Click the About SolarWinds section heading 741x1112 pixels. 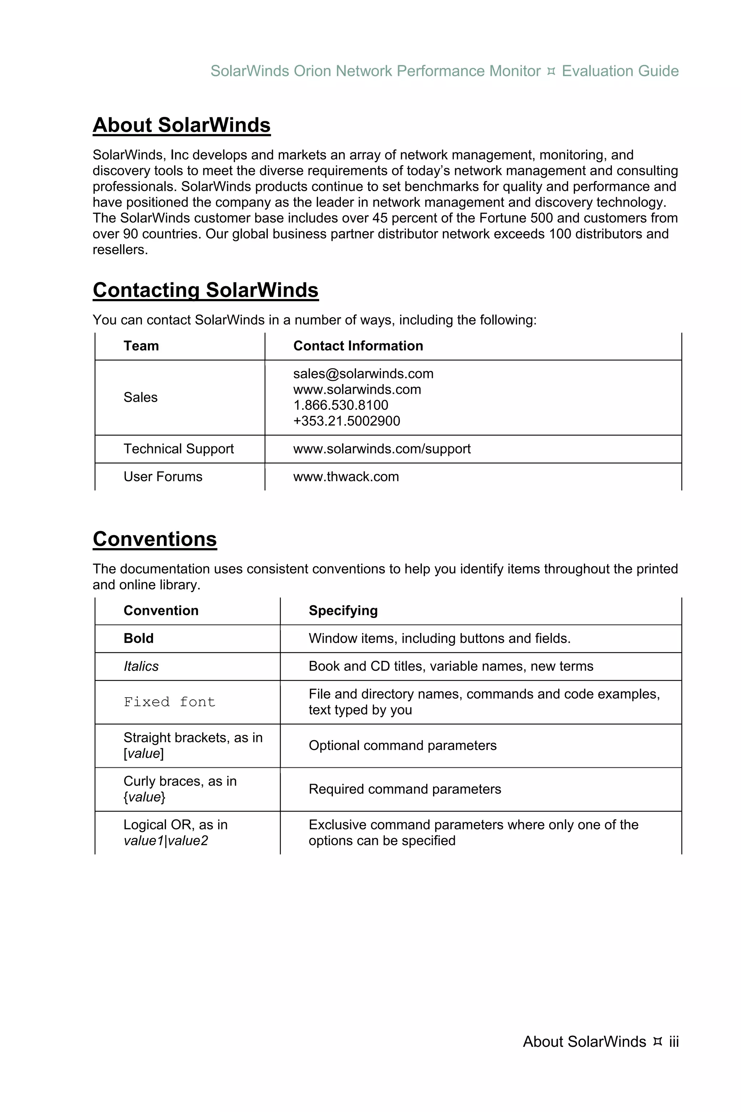click(182, 125)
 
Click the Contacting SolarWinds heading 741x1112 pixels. click(206, 290)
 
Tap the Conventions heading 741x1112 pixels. click(154, 539)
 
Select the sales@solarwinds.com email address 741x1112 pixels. click(363, 374)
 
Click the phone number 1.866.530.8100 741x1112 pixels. click(341, 405)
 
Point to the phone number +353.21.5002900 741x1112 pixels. click(346, 421)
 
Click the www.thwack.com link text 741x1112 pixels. click(346, 477)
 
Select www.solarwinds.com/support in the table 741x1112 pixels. click(382, 449)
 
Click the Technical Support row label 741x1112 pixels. click(179, 449)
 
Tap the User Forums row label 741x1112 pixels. click(162, 477)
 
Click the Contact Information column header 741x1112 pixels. click(358, 346)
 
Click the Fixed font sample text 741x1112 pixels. click(169, 702)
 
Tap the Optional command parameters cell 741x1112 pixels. click(402, 746)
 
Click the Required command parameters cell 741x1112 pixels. click(405, 789)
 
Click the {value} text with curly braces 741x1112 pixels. click(144, 797)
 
